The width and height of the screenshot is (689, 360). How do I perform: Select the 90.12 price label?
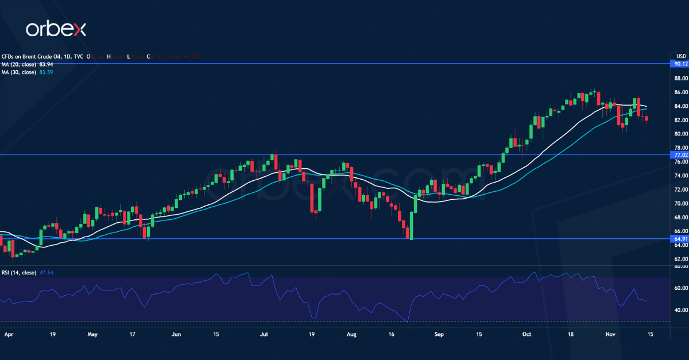pyautogui.click(x=680, y=64)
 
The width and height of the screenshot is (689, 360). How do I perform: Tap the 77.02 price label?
pyautogui.click(x=680, y=155)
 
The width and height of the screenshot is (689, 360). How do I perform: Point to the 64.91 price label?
pyautogui.click(x=680, y=238)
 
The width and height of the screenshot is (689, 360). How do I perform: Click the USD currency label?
pyautogui.click(x=681, y=56)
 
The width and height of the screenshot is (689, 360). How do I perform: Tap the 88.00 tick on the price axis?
pyautogui.click(x=680, y=78)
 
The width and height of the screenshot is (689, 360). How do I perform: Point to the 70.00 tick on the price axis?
pyautogui.click(x=680, y=203)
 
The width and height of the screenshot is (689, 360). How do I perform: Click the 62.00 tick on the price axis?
pyautogui.click(x=680, y=259)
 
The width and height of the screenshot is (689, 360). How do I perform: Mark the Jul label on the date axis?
pyautogui.click(x=265, y=333)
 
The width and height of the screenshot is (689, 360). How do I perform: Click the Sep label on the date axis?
pyautogui.click(x=440, y=333)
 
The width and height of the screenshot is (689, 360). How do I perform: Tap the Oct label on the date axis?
pyautogui.click(x=527, y=333)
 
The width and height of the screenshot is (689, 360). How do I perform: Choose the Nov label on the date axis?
pyautogui.click(x=610, y=333)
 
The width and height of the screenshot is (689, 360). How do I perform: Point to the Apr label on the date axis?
pyautogui.click(x=8, y=333)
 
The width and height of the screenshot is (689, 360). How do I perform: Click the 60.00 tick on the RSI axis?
pyautogui.click(x=680, y=288)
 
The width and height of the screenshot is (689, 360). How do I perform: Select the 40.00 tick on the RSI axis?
pyautogui.click(x=680, y=310)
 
